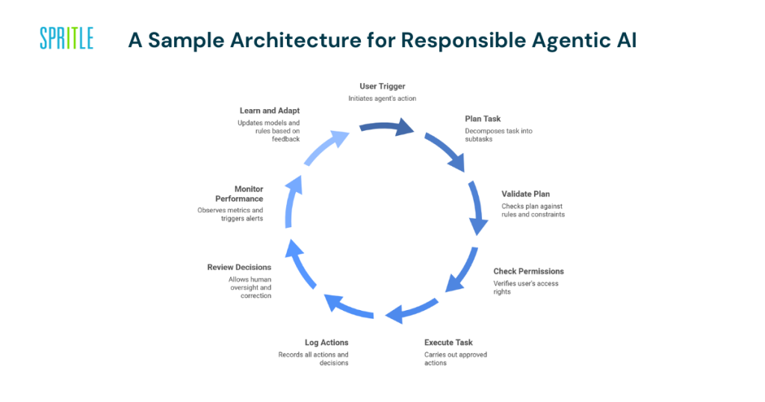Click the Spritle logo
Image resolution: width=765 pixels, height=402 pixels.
point(66,38)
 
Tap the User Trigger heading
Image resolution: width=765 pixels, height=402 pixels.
point(382,87)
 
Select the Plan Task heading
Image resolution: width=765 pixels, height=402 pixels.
point(483,119)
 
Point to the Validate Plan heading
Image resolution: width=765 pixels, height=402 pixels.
point(525,194)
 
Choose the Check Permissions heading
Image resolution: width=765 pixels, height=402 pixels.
point(528,271)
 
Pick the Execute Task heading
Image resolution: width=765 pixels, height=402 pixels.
point(448,342)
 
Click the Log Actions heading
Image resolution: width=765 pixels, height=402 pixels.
point(326,342)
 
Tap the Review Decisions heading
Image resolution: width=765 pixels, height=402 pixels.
point(239,267)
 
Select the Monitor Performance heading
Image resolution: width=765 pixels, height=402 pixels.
point(239,194)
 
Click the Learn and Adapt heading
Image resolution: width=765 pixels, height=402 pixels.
point(270,111)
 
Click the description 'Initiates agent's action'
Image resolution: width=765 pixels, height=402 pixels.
point(382,99)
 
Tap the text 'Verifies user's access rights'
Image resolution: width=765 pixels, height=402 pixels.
point(525,288)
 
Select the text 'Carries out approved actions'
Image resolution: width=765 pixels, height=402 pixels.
point(456,359)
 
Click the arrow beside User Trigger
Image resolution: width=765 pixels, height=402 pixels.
point(387,127)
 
